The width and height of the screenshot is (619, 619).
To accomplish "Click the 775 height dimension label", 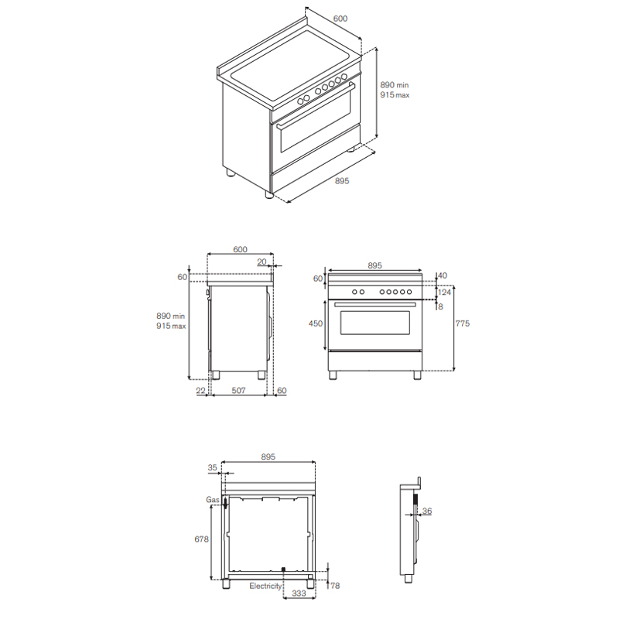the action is (462, 323).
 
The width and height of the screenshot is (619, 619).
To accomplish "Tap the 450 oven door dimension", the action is (316, 323).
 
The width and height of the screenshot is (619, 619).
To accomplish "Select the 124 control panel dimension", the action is (444, 292).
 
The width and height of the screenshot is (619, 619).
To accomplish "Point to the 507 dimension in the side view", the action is (238, 391).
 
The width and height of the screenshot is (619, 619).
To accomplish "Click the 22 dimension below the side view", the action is (200, 391).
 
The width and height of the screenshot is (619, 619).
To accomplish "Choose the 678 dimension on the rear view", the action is (201, 539).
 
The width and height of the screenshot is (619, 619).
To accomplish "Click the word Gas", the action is (212, 500).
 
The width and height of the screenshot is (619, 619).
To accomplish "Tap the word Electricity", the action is (265, 586).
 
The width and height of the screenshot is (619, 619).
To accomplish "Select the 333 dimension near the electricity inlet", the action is (299, 593).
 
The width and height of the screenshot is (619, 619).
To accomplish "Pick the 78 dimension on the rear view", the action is (335, 586).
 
